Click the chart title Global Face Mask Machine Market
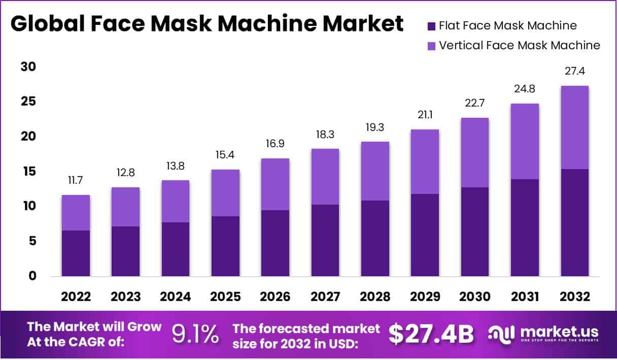coord(207,24)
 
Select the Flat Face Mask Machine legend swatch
coord(431,26)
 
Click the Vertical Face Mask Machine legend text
coord(520,45)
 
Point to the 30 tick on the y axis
coord(29,67)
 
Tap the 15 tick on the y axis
coord(29,172)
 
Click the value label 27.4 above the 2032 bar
coord(574,71)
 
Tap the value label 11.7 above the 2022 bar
coord(76,181)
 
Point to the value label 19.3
coord(375,127)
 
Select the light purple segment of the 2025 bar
coord(225,193)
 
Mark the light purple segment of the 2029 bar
coord(425,161)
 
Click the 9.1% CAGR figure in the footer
coord(195,334)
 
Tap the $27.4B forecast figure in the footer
coord(431,334)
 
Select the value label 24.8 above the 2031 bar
coord(525,89)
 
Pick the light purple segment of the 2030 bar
coord(475,152)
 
